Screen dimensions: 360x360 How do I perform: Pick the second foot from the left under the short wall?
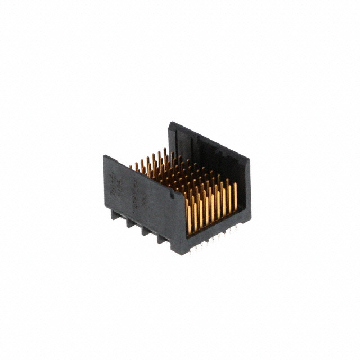pyautogui.click(x=130, y=223)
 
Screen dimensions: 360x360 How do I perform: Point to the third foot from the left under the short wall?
pyautogui.click(x=146, y=231)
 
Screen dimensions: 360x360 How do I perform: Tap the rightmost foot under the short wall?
pyautogui.click(x=162, y=240)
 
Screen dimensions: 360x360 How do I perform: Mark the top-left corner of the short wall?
pyautogui.click(x=104, y=156)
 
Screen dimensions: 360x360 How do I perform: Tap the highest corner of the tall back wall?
pyautogui.click(x=169, y=122)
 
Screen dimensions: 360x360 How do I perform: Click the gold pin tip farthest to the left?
pyautogui.click(x=131, y=166)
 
